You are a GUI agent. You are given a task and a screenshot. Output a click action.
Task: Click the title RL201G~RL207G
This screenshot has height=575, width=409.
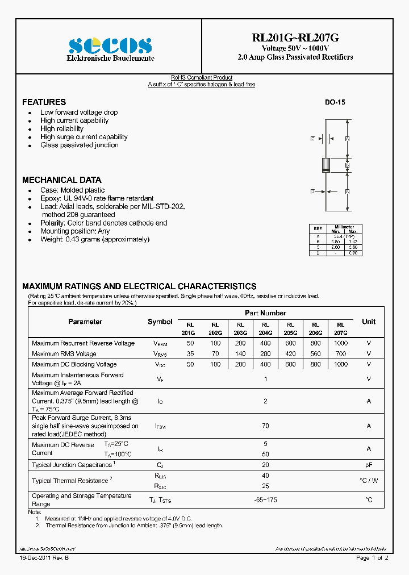tap(295, 38)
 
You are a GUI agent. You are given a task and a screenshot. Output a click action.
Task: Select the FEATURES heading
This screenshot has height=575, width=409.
tap(44, 102)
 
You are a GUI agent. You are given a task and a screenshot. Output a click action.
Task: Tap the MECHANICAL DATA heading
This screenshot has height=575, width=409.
tap(61, 180)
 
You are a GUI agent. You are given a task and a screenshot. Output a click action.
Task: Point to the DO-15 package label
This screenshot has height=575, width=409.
tap(335, 103)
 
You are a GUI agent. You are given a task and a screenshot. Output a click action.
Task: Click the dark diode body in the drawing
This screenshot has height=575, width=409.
tap(326, 165)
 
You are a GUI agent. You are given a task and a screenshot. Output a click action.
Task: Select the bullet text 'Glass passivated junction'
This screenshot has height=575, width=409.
tap(80, 145)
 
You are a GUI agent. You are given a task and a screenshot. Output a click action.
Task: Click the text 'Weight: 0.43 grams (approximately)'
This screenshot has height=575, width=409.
tap(95, 239)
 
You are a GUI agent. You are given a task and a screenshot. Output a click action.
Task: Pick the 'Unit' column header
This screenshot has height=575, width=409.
tap(369, 322)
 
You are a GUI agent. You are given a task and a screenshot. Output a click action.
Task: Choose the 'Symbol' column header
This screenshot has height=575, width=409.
tap(160, 322)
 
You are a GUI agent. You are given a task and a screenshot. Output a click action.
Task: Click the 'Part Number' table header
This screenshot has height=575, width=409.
tap(265, 313)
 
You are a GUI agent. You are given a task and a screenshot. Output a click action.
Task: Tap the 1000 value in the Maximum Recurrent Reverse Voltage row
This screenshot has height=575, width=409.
tap(341, 343)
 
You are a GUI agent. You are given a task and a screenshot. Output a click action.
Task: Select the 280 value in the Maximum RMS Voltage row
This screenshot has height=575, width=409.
tap(265, 354)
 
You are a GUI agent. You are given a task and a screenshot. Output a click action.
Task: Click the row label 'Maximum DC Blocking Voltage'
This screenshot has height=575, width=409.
tap(74, 364)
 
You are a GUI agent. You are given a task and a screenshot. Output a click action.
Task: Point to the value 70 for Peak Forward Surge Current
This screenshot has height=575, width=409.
tap(265, 425)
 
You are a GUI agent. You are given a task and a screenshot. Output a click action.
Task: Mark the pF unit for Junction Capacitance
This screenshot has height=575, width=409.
tap(369, 465)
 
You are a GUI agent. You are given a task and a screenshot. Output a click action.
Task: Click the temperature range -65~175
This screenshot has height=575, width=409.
tap(265, 499)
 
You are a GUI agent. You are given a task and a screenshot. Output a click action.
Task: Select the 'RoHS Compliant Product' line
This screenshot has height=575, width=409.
tap(202, 78)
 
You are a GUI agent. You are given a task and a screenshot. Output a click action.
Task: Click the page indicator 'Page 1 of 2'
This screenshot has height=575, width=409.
tap(372, 559)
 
